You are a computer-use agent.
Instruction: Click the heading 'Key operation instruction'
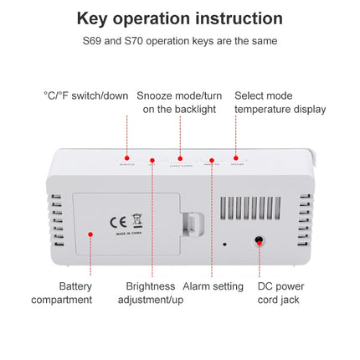[179, 18]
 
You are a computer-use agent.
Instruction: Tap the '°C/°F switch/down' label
[85, 95]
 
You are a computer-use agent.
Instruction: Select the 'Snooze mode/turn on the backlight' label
[179, 102]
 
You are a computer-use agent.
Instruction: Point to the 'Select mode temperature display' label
[280, 102]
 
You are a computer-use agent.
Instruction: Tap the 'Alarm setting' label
[213, 286]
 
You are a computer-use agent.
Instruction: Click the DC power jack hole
[260, 239]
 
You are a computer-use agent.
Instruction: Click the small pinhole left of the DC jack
[224, 244]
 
